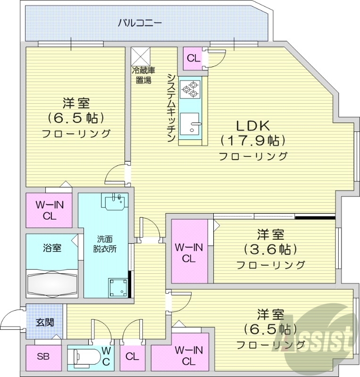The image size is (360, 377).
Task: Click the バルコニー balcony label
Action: (140, 22)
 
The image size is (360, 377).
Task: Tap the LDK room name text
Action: (252, 126)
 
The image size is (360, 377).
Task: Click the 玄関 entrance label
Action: (44, 323)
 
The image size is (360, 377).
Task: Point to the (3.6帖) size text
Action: (270, 249)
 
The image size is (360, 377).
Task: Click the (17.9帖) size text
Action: (252, 141)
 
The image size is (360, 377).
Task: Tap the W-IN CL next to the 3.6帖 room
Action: (189, 252)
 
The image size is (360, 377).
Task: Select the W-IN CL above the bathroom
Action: (49, 211)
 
